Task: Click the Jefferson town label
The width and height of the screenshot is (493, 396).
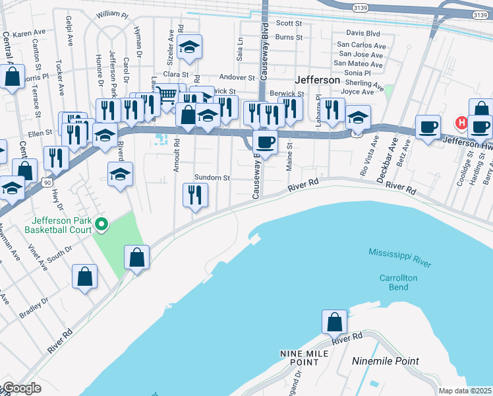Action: [x=318, y=80]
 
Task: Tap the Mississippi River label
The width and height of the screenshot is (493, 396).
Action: [x=400, y=258]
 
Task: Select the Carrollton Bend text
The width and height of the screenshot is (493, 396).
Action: [x=398, y=282]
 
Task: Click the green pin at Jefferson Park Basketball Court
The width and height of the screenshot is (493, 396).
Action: [x=101, y=225]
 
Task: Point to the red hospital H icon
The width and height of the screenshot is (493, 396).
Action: [x=462, y=122]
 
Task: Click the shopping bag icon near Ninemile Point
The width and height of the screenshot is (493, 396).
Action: [x=334, y=323]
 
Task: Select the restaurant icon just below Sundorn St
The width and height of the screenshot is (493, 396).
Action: [x=195, y=195]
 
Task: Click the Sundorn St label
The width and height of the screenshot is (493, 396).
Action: [x=212, y=178]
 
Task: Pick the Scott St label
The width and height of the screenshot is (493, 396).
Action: [x=289, y=23]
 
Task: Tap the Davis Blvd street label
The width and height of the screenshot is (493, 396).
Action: [x=363, y=33]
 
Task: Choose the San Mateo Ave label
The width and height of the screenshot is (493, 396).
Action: [x=358, y=64]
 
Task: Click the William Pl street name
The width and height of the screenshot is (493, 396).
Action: [x=111, y=14]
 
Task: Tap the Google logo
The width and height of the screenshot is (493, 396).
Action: [x=21, y=388]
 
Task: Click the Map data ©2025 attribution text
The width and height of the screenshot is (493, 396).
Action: [x=465, y=391]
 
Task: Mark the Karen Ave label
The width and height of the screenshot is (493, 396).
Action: [x=28, y=33]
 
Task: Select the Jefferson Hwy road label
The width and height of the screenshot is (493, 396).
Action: [x=465, y=140]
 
